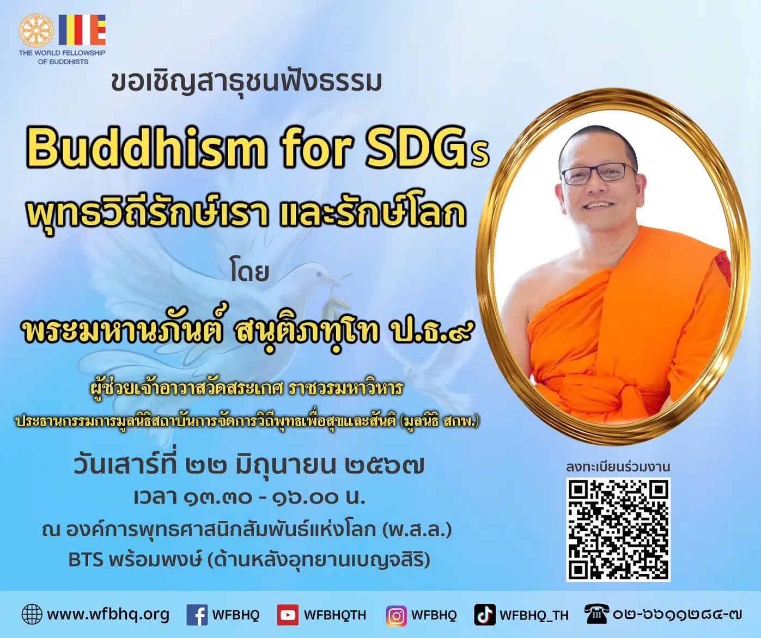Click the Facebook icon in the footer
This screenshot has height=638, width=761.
click(197, 615)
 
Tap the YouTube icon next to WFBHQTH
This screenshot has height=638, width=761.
click(287, 615)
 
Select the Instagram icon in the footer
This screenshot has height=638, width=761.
click(396, 615)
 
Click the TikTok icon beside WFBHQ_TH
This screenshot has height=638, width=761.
click(484, 615)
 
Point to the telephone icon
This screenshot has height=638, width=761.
click(596, 614)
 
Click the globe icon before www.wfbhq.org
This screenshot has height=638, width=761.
click(32, 615)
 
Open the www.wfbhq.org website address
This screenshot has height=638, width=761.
click(108, 615)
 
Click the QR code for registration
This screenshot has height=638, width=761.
click(618, 529)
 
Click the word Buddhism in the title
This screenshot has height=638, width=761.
click(146, 148)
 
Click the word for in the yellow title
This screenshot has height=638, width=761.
click(315, 148)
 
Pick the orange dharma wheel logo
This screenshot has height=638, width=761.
click(36, 30)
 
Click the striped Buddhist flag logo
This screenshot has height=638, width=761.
click(82, 30)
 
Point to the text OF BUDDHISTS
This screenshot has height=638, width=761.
click(63, 62)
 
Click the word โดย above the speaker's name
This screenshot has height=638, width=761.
click(249, 272)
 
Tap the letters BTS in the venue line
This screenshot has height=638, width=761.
click(86, 560)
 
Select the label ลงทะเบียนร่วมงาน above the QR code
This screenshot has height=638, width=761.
click(618, 467)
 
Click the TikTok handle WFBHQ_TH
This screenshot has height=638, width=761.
click(534, 615)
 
